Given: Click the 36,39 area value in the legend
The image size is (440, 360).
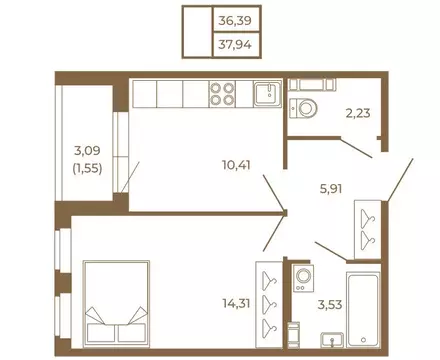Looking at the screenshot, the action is tap(235, 21).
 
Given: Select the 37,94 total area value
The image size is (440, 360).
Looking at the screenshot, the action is tap(235, 44).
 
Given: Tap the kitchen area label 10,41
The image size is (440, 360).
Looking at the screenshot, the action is tap(236, 165).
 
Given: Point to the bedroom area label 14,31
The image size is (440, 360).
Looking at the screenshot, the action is tap(236, 303).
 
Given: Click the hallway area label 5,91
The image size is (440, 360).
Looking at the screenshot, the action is tap(331, 189).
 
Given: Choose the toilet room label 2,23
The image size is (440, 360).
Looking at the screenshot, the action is tap(358, 113).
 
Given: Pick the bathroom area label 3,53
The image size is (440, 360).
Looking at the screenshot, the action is tap(330, 305).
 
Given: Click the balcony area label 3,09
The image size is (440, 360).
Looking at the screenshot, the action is tap(87, 151).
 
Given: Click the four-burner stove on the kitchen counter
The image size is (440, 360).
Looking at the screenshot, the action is tap(222, 94).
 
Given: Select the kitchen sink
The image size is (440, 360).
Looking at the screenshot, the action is tap(268, 94).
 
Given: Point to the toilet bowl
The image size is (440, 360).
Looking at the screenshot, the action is tap(303, 108).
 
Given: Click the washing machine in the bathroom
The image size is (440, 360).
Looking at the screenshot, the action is tap(303, 278).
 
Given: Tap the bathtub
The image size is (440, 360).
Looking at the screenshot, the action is tap(363, 310).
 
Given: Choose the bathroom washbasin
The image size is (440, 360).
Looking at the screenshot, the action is tap(332, 340).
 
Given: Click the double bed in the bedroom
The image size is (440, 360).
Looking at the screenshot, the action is tap(116, 304).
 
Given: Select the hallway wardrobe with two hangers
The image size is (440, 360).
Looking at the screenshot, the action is tap(368, 229).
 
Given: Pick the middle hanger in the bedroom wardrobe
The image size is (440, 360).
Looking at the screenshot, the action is tap(269, 304).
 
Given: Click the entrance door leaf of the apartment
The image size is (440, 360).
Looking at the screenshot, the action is tap(399, 180).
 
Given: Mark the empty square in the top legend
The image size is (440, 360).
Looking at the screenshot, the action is tap(198, 32).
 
